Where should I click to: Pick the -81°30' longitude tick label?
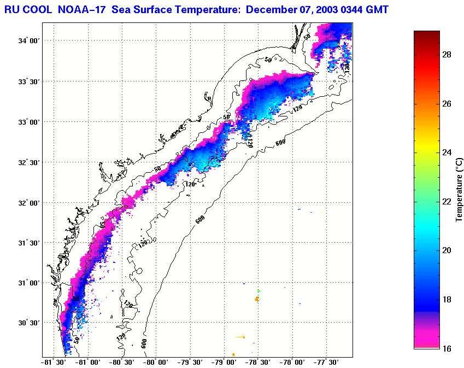(x=53, y=362)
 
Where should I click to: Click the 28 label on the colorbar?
(x=446, y=55)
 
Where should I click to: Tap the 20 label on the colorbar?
(x=446, y=250)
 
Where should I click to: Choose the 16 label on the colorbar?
(x=446, y=348)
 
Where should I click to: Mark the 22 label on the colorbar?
(x=446, y=202)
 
